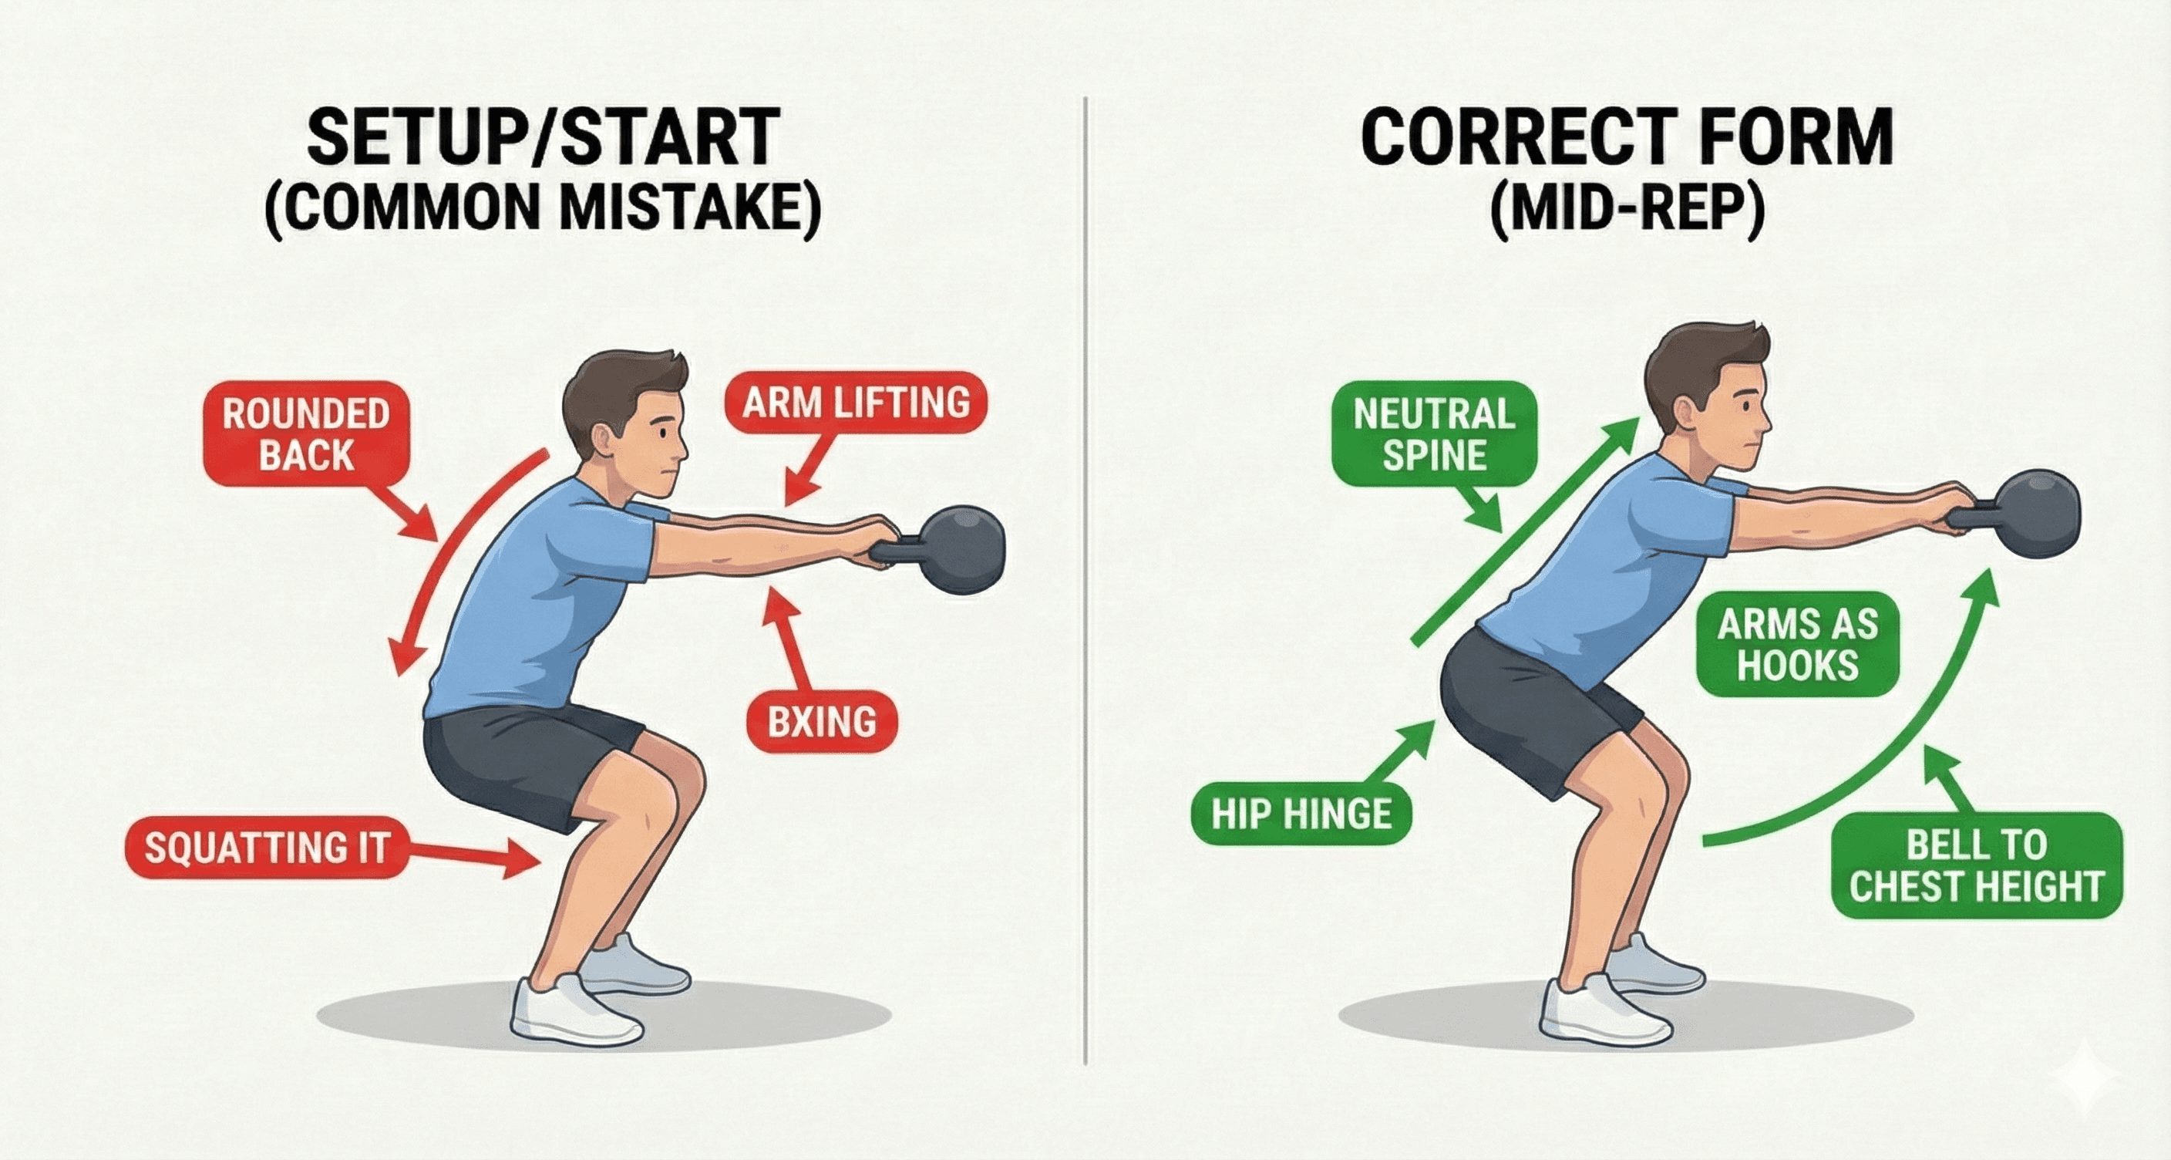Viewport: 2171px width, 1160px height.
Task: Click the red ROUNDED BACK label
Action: coord(306,435)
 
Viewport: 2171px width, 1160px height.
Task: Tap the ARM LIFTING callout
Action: coord(856,402)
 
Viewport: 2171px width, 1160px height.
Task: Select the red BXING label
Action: coord(822,722)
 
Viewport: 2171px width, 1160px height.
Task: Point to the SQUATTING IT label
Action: coord(265,847)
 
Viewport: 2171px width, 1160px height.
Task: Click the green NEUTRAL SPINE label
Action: coord(1435,435)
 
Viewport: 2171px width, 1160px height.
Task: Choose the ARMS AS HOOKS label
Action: coord(1797,646)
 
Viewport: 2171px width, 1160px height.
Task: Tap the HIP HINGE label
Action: coord(1301,814)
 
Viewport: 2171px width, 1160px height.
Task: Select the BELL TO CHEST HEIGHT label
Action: coord(1975,866)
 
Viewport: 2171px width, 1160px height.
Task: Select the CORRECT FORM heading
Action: coord(1627,137)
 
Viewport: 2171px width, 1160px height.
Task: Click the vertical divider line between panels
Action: coord(1085,590)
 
